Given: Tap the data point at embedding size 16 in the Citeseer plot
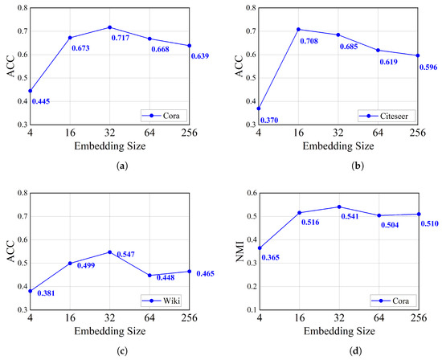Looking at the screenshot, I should [x=298, y=30].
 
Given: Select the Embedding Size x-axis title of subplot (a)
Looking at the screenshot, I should [x=110, y=146].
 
